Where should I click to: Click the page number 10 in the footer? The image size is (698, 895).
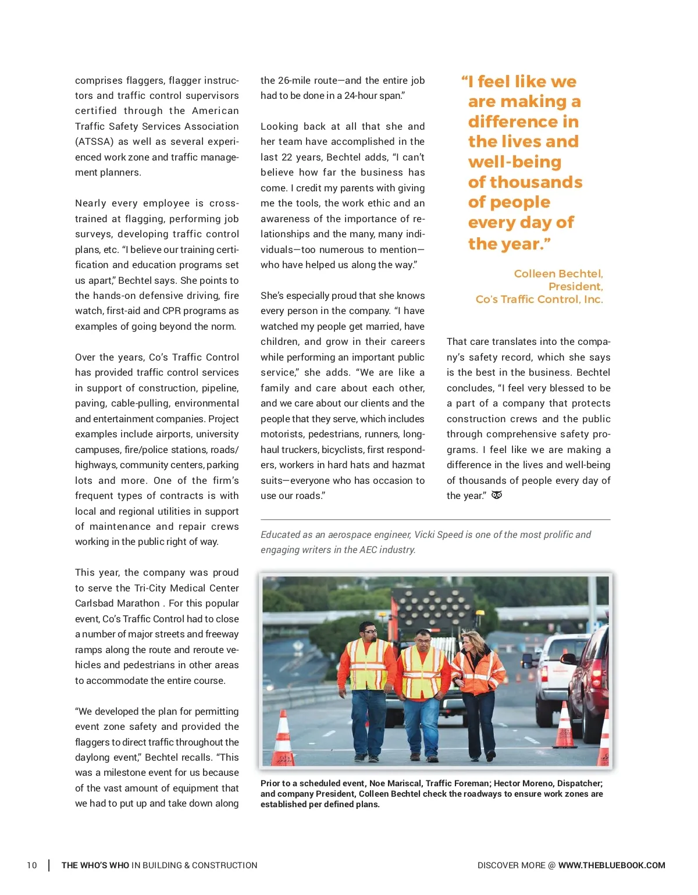point(31,865)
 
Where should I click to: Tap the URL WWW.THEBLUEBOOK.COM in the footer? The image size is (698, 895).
point(611,865)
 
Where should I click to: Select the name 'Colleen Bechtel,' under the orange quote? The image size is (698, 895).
point(558,273)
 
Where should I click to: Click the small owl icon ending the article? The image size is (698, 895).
point(497,495)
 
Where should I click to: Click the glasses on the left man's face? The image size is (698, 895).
point(369,631)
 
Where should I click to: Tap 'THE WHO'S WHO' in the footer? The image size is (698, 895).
point(95,865)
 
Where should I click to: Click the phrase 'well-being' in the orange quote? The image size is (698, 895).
point(515,162)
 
